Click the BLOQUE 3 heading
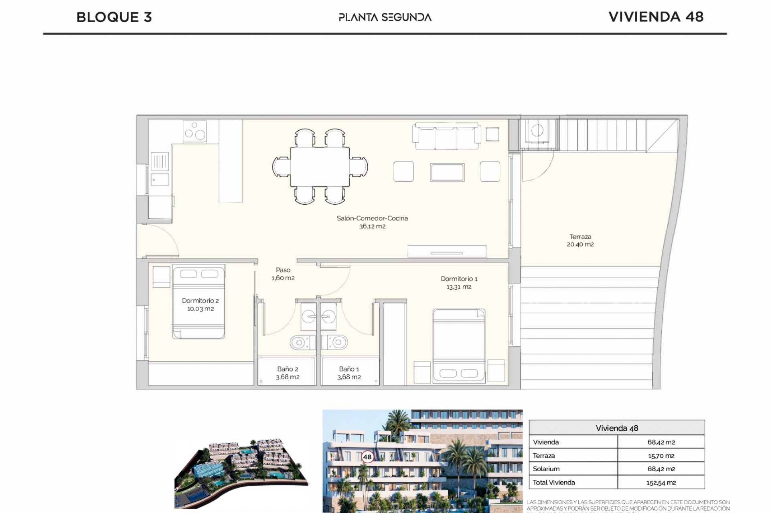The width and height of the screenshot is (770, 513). (114, 17)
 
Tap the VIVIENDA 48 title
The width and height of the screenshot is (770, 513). (656, 17)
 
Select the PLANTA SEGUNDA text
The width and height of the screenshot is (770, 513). (385, 17)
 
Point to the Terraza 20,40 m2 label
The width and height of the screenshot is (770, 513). (580, 240)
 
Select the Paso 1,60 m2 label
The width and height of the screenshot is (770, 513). (283, 274)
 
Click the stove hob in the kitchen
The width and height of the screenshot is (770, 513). (195, 131)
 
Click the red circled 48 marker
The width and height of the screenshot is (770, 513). (367, 457)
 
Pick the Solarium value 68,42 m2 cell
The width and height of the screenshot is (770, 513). (661, 469)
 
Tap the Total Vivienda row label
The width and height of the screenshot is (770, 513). (554, 483)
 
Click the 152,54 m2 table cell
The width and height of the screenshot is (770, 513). (661, 483)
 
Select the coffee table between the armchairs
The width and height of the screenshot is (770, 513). (447, 172)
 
